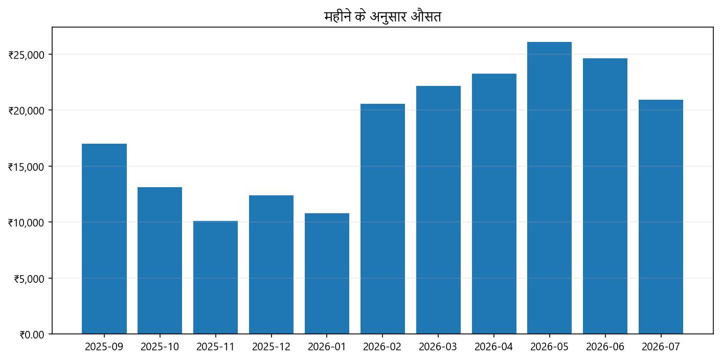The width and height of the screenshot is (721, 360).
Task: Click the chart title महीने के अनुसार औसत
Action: pyautogui.click(x=382, y=17)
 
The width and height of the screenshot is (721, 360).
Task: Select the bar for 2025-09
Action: pyautogui.click(x=104, y=239)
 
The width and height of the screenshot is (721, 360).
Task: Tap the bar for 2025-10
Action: pyautogui.click(x=160, y=260)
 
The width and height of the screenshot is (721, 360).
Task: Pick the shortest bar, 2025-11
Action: pyautogui.click(x=215, y=277)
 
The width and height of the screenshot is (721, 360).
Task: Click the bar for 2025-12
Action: pyautogui.click(x=271, y=264)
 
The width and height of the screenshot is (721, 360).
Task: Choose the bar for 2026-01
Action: pyautogui.click(x=327, y=274)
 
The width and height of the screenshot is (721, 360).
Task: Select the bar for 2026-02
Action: pyautogui.click(x=382, y=219)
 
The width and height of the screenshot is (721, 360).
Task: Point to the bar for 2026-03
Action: pyautogui.click(x=438, y=210)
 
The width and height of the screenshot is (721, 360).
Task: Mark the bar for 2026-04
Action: pyautogui.click(x=494, y=204)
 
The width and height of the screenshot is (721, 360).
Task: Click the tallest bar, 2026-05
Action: pyautogui.click(x=550, y=188)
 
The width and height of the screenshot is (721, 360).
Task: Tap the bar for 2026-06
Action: pyautogui.click(x=605, y=196)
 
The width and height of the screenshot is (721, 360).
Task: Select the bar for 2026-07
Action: pyautogui.click(x=661, y=217)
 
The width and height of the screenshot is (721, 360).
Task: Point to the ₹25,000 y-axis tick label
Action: pyautogui.click(x=30, y=55)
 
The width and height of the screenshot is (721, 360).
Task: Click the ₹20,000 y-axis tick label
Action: pyautogui.click(x=30, y=110)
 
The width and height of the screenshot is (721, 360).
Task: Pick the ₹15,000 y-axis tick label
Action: pyautogui.click(x=30, y=167)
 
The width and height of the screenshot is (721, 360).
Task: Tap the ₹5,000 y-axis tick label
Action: pyautogui.click(x=32, y=279)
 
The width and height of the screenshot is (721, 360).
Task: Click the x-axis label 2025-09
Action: pyautogui.click(x=104, y=347)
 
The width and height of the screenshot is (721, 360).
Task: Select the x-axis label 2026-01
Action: pyautogui.click(x=327, y=347)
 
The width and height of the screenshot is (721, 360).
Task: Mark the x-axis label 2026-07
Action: pyautogui.click(x=661, y=347)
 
